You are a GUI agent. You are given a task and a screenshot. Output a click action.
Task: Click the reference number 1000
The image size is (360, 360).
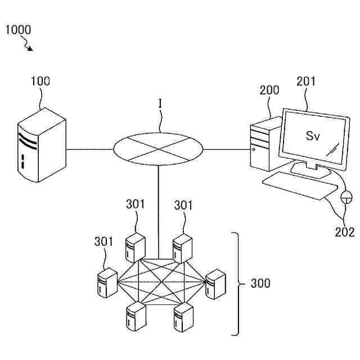pyautogui.click(x=18, y=30)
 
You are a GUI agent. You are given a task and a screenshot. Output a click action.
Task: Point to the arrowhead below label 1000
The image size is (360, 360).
pyautogui.click(x=30, y=48)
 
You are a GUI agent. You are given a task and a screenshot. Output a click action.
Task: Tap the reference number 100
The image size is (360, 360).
pyautogui.click(x=40, y=81)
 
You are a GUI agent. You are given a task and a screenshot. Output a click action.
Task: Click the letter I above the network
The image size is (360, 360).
pyautogui.click(x=160, y=103)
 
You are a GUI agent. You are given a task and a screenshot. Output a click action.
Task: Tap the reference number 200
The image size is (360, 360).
pyautogui.click(x=269, y=90)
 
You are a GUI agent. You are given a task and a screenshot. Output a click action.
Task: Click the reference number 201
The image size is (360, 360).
pyautogui.click(x=306, y=82)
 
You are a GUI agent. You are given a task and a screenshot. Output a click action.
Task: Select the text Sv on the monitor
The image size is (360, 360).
pyautogui.click(x=313, y=136)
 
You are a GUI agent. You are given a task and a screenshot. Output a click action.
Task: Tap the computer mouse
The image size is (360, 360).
pyautogui.click(x=346, y=197)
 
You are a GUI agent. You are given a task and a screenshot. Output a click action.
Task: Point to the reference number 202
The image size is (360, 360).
pyautogui.click(x=344, y=232)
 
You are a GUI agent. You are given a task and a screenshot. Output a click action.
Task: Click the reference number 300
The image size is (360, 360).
pyautogui.click(x=260, y=283)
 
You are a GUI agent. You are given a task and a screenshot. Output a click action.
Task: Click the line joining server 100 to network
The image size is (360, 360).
pyautogui.click(x=90, y=149)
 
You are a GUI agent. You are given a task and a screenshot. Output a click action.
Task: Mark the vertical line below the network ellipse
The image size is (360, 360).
pyautogui.click(x=159, y=211)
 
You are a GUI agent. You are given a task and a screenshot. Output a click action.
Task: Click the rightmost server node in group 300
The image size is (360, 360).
pyautogui.click(x=215, y=284)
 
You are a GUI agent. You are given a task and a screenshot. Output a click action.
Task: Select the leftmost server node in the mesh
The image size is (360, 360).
pyautogui.click(x=105, y=282)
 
